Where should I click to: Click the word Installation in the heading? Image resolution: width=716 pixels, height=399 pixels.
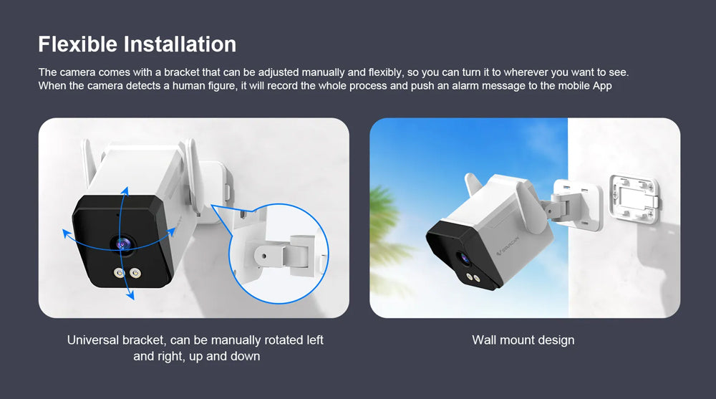180,44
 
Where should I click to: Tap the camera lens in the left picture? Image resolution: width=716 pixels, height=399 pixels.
123,244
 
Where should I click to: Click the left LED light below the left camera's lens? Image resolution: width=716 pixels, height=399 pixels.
119,274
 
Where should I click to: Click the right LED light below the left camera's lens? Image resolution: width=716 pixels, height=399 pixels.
135,274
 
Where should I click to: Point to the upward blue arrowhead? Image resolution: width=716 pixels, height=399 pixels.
125,191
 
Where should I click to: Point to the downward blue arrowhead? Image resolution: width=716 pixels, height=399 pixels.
130,295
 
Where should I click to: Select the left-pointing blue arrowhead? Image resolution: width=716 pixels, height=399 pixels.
67,234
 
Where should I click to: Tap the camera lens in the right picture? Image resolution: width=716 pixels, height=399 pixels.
465,259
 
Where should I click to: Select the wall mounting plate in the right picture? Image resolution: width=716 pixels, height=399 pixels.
634,199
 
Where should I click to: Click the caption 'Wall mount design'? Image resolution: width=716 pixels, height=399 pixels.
523,340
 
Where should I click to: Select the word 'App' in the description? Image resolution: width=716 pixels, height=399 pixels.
602,86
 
